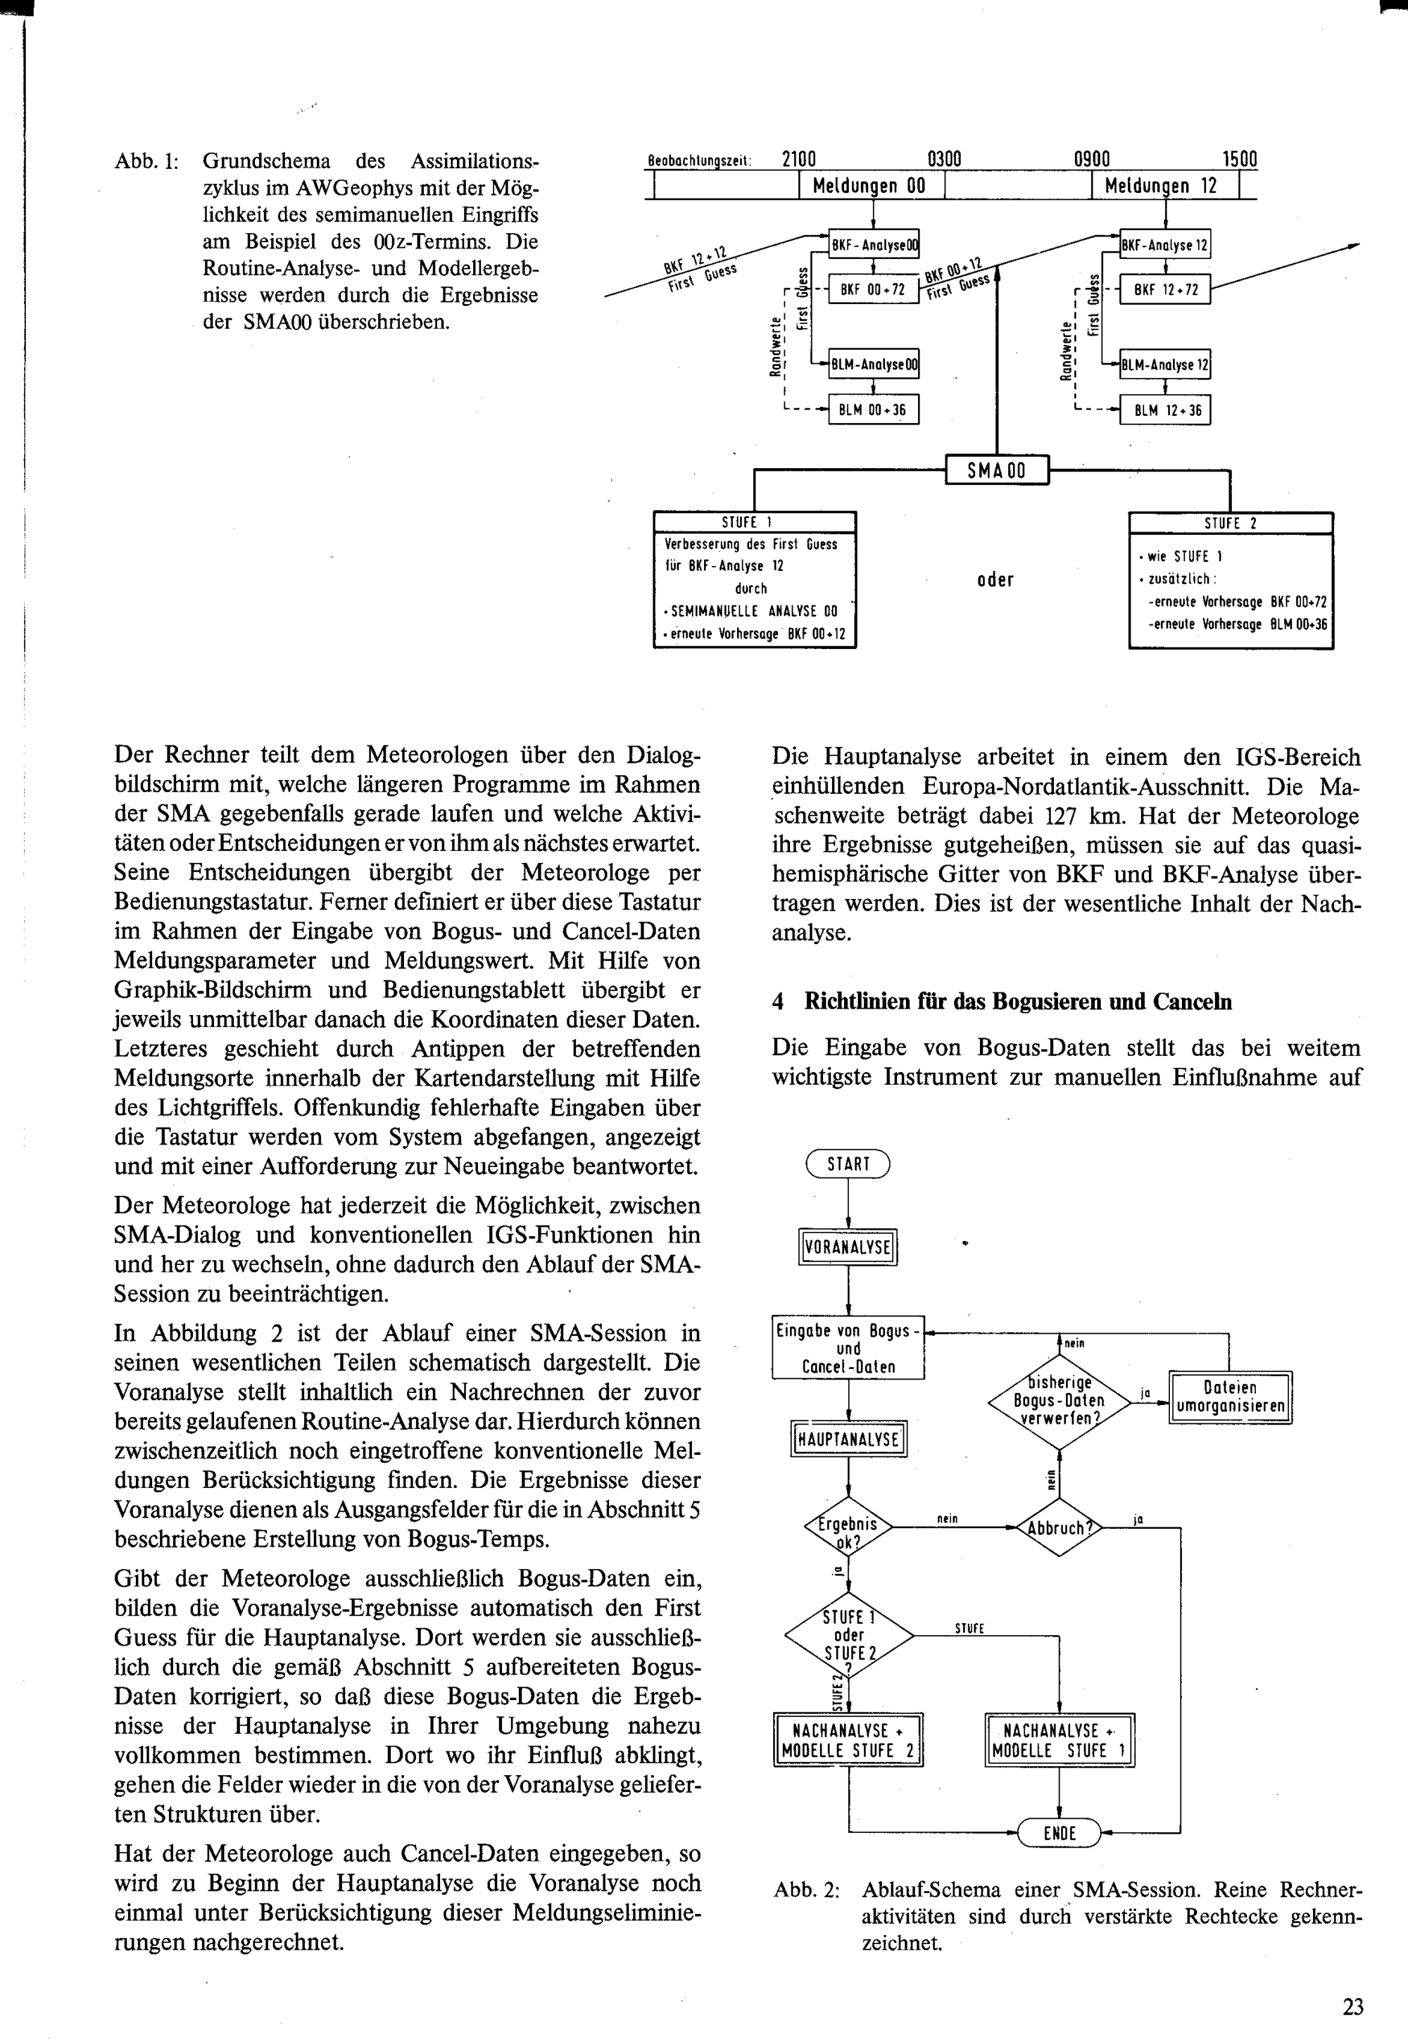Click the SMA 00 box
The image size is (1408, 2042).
point(997,470)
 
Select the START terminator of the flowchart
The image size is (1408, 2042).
point(848,1164)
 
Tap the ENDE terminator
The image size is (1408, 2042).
point(1059,1833)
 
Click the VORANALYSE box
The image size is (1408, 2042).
point(848,1247)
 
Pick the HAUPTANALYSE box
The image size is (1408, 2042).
point(848,1439)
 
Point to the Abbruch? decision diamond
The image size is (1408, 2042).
point(1059,1527)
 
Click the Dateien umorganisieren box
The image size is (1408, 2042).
point(1230,1397)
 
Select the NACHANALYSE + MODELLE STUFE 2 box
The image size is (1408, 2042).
point(848,1740)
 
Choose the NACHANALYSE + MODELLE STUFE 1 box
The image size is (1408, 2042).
point(1059,1740)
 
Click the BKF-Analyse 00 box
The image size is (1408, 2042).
point(874,245)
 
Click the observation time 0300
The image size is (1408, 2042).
point(944,160)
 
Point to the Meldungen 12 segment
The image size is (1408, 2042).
point(1164,186)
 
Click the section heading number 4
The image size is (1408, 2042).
point(778,1002)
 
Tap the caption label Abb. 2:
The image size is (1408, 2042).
point(806,1890)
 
